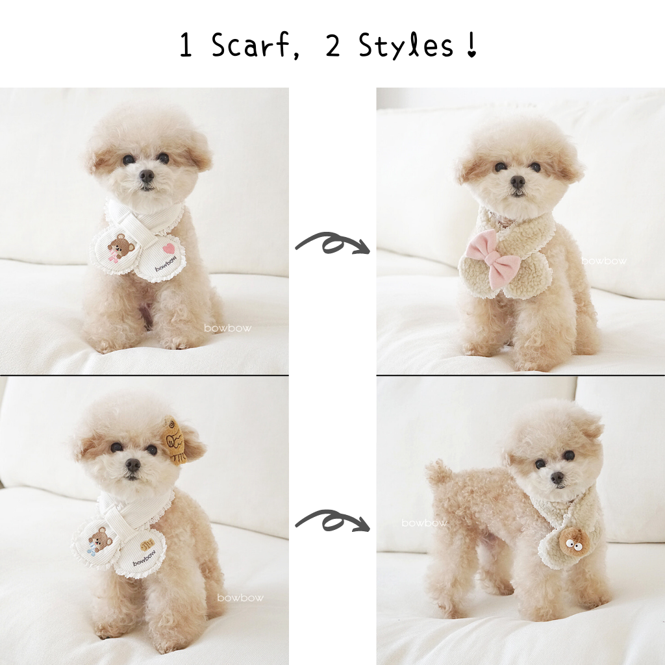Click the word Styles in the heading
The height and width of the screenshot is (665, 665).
(406, 45)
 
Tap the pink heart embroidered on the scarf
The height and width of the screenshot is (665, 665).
(168, 248)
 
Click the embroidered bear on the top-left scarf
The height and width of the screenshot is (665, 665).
(120, 247)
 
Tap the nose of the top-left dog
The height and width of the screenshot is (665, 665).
(147, 175)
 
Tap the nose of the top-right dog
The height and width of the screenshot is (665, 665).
(518, 182)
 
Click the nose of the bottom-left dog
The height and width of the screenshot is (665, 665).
(132, 465)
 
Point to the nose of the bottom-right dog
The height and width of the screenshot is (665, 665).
(557, 479)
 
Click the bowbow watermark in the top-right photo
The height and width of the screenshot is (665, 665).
(604, 261)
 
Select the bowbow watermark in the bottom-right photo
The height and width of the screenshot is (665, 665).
(424, 523)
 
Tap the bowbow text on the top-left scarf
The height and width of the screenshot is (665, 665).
(166, 265)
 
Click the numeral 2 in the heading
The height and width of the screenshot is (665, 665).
(333, 46)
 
